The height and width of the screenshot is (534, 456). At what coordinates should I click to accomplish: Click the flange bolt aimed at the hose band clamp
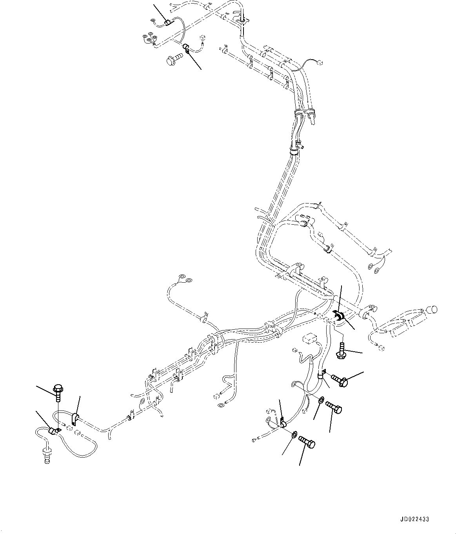click(x=340, y=380)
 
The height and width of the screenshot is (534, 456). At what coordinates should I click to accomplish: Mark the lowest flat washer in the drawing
click(x=294, y=434)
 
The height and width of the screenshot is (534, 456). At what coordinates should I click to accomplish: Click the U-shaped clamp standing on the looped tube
click(x=75, y=419)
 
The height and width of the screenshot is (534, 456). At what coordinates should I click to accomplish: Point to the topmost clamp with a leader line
click(x=167, y=23)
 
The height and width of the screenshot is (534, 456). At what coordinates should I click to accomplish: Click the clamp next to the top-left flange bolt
click(x=187, y=49)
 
